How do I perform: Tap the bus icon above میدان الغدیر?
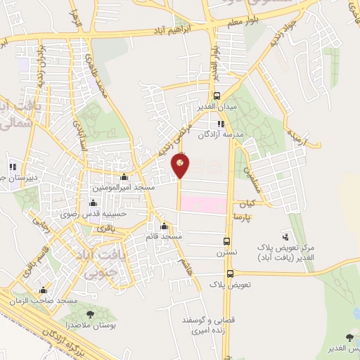click(x=217, y=96)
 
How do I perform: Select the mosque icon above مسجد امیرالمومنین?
click(x=124, y=177)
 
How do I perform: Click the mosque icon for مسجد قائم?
click(x=165, y=226)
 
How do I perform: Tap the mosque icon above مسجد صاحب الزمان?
click(x=44, y=290)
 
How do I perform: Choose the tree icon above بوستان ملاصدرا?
click(x=90, y=314)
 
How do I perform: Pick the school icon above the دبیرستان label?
click(x=12, y=167)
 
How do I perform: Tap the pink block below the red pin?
click(x=203, y=205)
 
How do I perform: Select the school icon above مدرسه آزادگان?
click(x=221, y=124)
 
